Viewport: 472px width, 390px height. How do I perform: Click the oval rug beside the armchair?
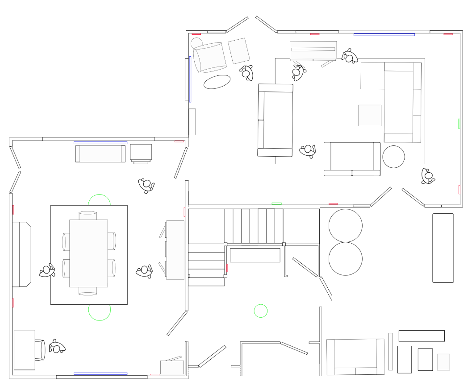click(x=217, y=82)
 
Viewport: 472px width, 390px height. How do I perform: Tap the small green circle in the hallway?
click(x=261, y=311)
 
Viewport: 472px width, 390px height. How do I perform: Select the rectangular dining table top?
click(x=88, y=253)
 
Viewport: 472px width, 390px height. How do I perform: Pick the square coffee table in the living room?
click(x=369, y=116)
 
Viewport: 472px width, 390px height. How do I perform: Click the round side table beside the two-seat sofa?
click(x=394, y=157)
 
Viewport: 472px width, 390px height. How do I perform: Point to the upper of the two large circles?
click(x=345, y=225)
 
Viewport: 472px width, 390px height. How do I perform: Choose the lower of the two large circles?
click(x=345, y=259)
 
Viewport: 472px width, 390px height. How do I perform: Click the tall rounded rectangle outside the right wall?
click(x=443, y=248)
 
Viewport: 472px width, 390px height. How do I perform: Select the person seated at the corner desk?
click(x=56, y=347)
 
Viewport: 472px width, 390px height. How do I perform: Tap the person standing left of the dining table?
click(x=47, y=270)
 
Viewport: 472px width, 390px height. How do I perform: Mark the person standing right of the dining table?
click(x=145, y=270)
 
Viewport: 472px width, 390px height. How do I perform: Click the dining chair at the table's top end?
click(x=88, y=216)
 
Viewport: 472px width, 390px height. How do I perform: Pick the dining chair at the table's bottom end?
click(x=88, y=291)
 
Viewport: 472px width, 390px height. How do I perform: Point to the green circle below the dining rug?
click(x=99, y=311)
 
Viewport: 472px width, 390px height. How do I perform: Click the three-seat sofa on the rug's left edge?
click(x=276, y=120)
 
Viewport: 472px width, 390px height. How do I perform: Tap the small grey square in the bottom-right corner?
click(x=443, y=362)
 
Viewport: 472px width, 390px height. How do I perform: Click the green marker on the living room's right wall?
click(x=459, y=124)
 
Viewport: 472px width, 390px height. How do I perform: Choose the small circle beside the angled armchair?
click(x=196, y=43)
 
